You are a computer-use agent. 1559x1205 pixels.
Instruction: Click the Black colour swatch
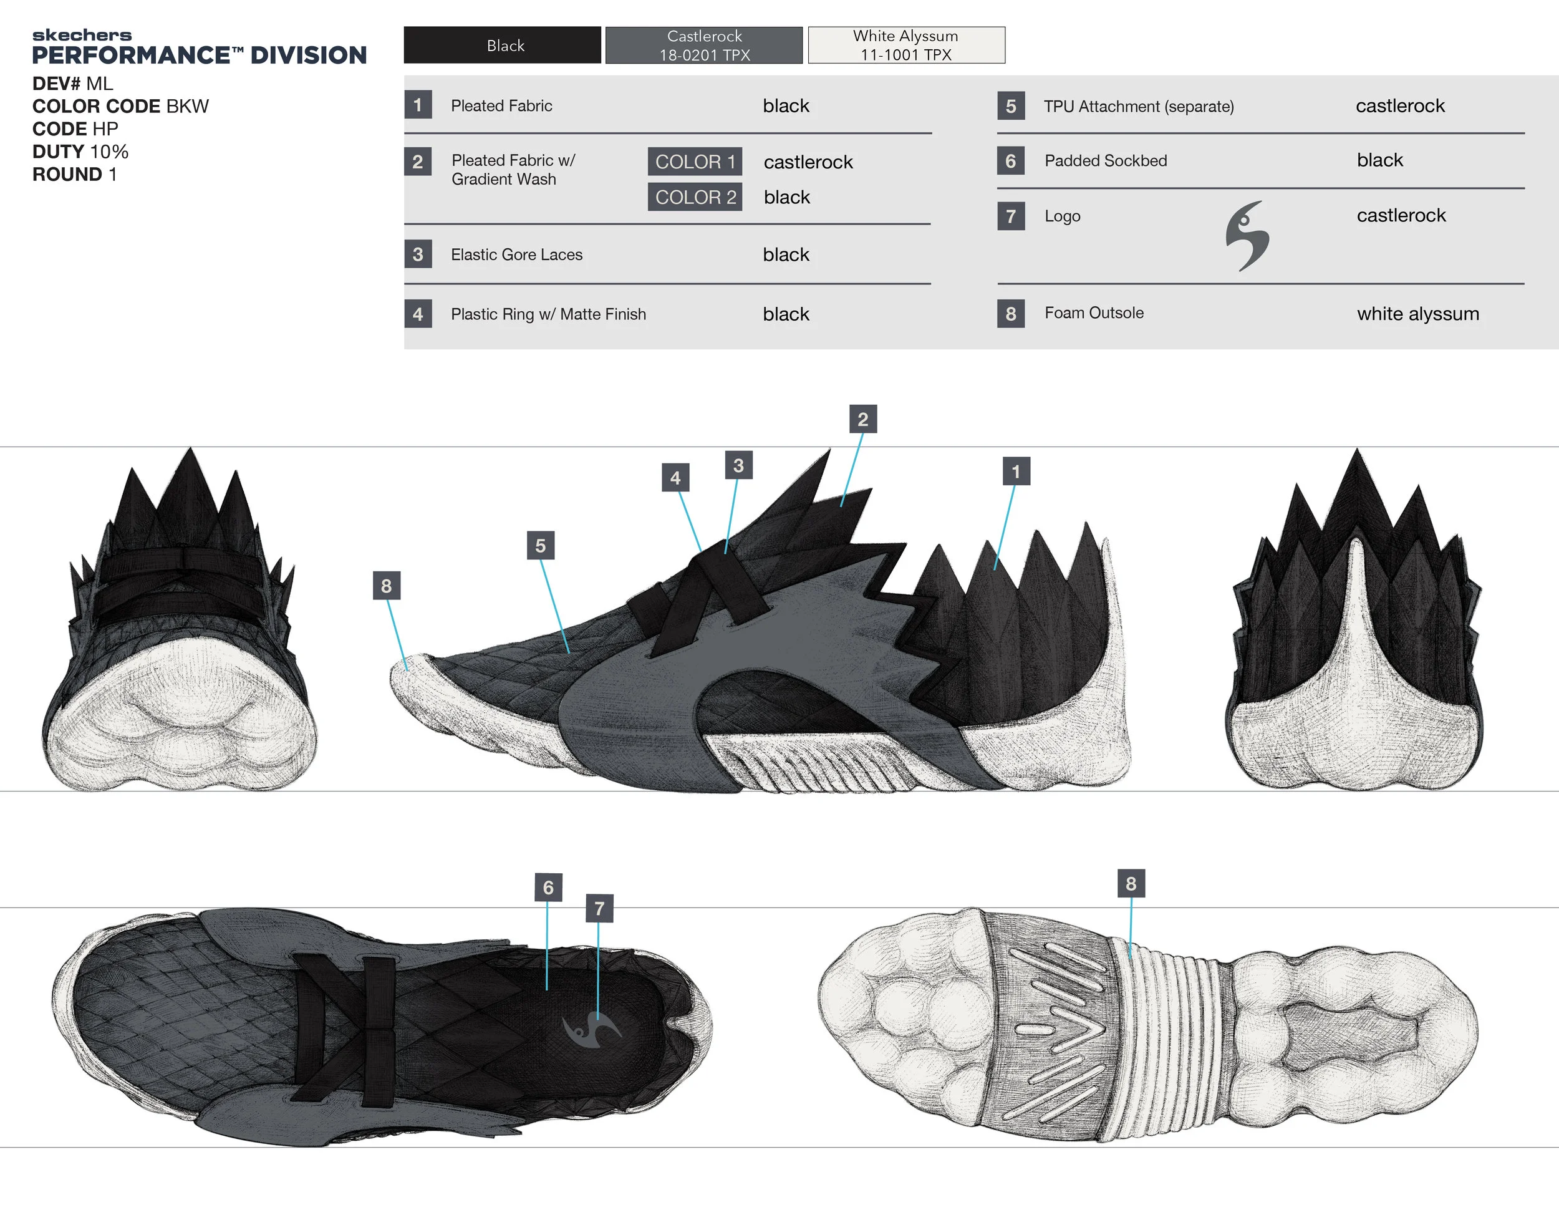point(502,45)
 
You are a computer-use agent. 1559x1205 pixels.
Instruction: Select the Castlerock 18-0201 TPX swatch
point(704,45)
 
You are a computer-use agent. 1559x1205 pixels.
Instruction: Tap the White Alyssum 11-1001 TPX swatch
point(906,45)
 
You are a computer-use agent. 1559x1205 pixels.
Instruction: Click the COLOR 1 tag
point(695,162)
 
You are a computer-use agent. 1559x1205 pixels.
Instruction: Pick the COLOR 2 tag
point(695,197)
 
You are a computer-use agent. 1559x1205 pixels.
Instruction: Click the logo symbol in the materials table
point(1247,236)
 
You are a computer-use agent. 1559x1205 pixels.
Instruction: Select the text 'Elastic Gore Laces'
point(516,255)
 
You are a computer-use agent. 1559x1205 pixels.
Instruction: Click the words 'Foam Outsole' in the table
point(1094,312)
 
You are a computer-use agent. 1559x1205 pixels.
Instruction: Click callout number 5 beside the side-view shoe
point(541,545)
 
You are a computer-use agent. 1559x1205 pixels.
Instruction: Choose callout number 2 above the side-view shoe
point(862,419)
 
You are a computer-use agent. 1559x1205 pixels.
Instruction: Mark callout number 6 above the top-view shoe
point(548,888)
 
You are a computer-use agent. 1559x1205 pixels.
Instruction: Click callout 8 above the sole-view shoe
point(1131,883)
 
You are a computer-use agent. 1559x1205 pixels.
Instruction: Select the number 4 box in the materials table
point(418,314)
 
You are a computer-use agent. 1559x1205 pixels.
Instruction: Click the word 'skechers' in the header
point(82,35)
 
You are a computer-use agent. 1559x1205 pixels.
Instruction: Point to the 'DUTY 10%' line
point(80,152)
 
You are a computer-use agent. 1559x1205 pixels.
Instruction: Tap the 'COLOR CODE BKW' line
point(120,107)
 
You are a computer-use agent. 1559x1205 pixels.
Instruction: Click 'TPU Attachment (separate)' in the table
point(1139,107)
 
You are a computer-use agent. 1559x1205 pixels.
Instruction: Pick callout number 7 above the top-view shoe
point(599,908)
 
